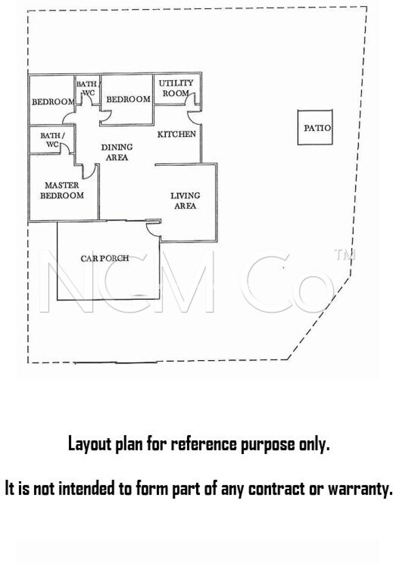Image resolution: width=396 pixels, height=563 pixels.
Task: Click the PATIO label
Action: [317, 128]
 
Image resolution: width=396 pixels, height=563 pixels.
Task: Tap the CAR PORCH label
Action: [105, 258]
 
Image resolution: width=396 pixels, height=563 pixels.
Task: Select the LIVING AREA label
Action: [185, 201]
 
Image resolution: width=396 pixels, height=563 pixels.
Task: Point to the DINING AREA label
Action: [117, 152]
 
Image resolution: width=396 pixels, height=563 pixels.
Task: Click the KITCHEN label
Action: [177, 134]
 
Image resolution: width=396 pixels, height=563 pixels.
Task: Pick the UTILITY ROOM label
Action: [176, 88]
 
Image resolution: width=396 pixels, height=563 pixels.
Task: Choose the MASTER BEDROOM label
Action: [62, 191]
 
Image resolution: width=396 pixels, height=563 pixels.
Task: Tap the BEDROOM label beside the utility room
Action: [128, 99]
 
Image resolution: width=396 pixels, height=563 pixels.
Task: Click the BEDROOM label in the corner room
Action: [53, 102]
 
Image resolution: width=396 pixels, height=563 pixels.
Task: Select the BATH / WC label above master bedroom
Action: [53, 140]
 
